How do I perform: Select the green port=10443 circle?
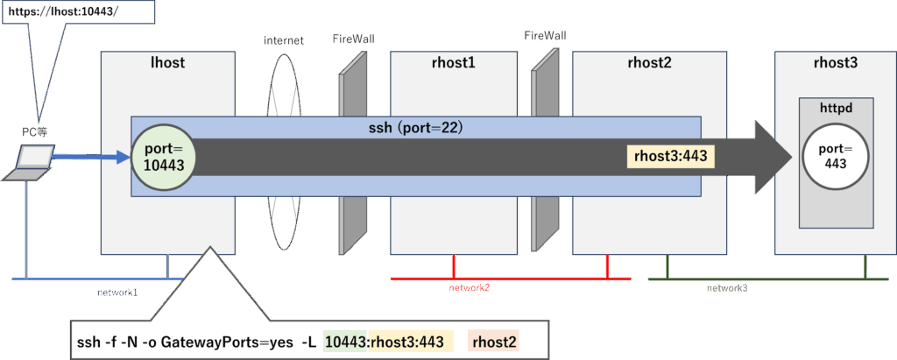point(162,158)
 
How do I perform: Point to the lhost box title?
point(168,62)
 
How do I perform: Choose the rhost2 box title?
point(649,62)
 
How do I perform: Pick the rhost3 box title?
point(836,62)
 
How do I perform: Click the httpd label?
point(836,108)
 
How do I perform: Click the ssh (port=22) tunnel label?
point(415,127)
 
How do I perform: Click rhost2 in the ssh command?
point(495,342)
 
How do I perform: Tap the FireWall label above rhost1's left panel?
point(353,39)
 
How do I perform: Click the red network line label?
point(469,287)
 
